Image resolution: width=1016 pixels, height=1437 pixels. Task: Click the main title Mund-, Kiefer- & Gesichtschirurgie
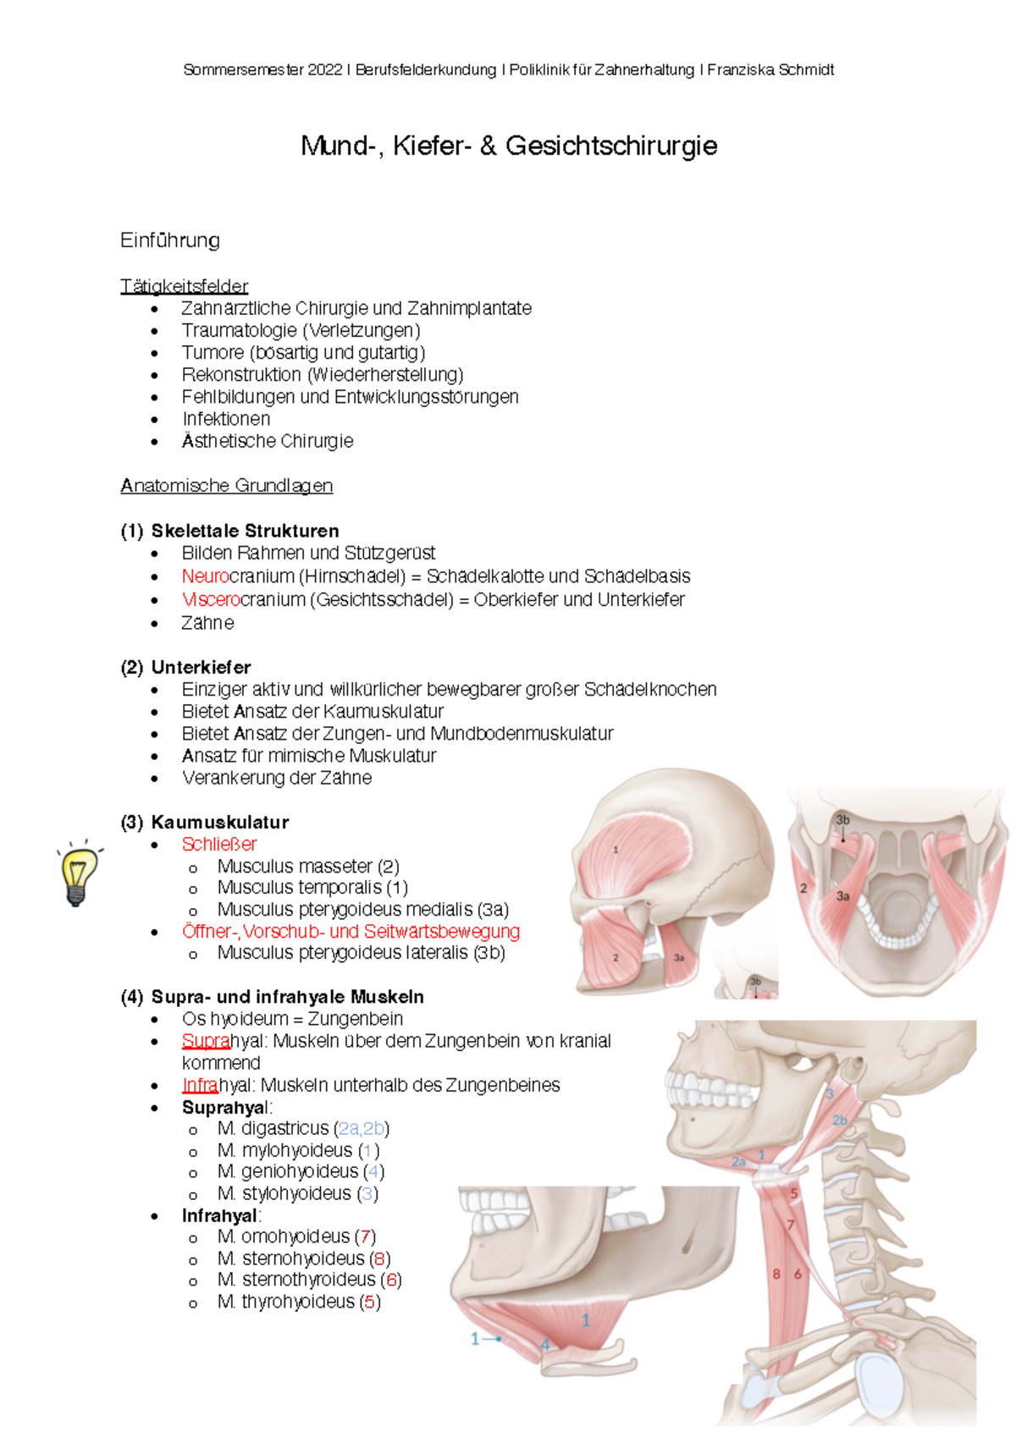pos(509,146)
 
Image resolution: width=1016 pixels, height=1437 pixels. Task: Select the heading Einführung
pos(170,240)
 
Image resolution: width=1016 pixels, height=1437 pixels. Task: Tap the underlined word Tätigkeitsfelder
pos(184,286)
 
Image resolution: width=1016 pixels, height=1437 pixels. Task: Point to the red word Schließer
pos(219,844)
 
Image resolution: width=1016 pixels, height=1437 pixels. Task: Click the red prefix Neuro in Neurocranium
pos(205,576)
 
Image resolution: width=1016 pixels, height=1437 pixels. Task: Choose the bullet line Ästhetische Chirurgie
pos(267,441)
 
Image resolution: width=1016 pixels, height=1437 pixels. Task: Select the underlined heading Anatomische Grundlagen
pos(226,486)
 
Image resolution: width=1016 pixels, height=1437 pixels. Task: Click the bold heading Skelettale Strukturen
pos(245,531)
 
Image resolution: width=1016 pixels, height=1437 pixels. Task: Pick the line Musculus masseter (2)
pos(308,866)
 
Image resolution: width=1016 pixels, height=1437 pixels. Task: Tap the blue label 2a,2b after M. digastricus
pos(362,1128)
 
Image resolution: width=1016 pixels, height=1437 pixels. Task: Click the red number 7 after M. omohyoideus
pos(366,1236)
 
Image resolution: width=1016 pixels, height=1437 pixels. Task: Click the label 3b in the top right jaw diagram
pos(842,819)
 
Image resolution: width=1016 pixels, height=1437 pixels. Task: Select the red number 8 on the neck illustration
pos(776,1274)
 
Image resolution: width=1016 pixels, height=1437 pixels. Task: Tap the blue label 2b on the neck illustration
pos(840,1120)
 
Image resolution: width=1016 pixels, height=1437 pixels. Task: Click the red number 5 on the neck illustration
pos(794,1193)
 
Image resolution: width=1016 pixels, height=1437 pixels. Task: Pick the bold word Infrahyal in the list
pos(219,1215)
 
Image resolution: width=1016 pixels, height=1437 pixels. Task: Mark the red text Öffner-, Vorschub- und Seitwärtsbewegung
pos(351,931)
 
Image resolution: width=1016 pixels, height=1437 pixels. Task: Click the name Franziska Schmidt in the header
pos(770,70)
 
